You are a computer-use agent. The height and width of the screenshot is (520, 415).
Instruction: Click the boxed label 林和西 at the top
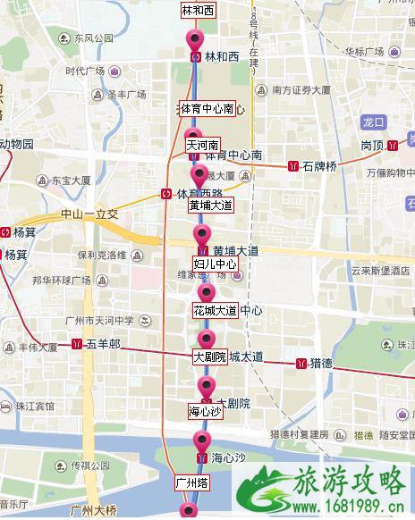199,11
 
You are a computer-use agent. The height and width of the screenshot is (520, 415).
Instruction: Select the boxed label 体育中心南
207,108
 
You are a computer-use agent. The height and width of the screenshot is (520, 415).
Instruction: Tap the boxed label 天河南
201,143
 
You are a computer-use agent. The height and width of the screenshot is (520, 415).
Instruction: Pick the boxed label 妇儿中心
215,264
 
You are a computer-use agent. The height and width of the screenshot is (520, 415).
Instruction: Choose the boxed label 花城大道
215,310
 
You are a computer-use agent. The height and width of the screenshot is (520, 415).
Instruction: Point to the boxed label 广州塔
191,482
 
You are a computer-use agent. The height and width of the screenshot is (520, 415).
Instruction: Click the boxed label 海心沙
204,412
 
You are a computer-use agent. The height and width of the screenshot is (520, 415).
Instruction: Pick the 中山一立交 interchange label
89,215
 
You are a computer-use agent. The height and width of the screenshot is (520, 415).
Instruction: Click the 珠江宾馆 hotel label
36,406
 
